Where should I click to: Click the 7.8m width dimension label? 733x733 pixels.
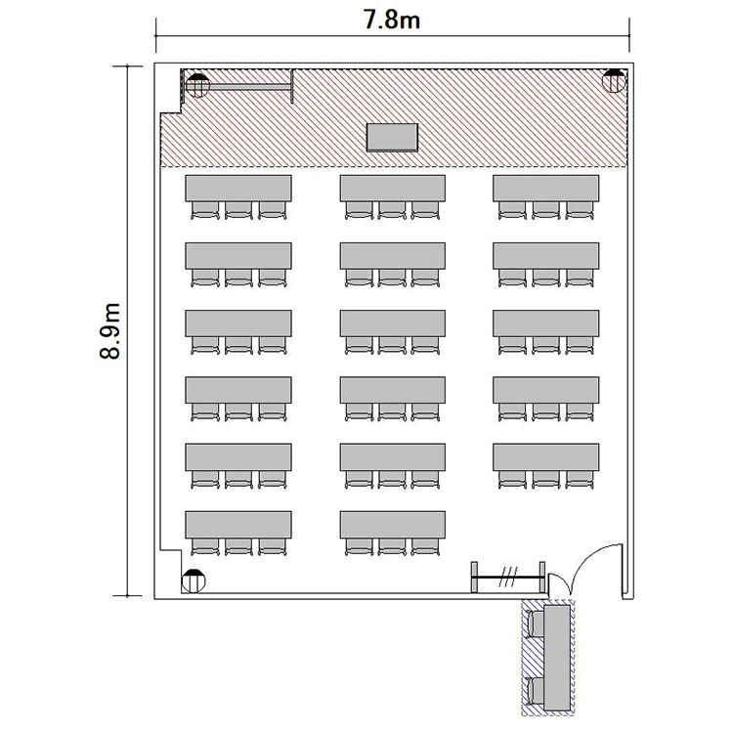point(392,21)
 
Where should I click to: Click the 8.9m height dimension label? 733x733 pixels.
point(110,331)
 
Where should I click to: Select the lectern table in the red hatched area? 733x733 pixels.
point(392,138)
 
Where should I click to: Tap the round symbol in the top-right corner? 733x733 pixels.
point(614,81)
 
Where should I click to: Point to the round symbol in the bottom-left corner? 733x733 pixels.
point(194,582)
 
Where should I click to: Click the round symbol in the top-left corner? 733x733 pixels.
point(197,86)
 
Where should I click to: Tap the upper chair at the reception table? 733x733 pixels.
point(536,625)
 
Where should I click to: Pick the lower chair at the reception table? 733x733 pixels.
point(536,691)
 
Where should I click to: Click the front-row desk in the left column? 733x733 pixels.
point(238,189)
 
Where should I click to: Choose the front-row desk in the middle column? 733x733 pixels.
point(393,189)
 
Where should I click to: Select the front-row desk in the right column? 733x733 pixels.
point(546,189)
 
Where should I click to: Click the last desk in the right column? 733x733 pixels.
point(546,457)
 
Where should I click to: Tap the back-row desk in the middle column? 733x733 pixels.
point(393,525)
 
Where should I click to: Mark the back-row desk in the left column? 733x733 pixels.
point(238,525)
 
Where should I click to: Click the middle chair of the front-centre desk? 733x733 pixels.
point(392,210)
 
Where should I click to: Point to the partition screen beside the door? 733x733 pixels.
point(508,578)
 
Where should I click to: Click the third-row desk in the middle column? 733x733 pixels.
point(393,323)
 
